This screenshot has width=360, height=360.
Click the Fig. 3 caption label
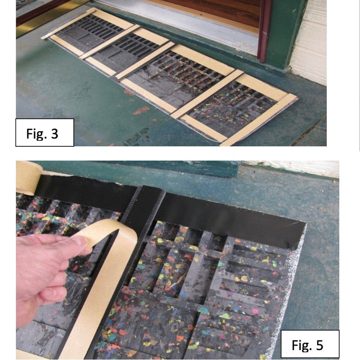click(x=45, y=132)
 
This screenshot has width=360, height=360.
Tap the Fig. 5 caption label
click(x=310, y=344)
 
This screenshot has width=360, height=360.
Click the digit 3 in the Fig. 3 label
click(x=54, y=133)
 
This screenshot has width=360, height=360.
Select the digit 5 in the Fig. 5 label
click(x=319, y=345)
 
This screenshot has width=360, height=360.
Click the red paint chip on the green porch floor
click(x=140, y=111)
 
